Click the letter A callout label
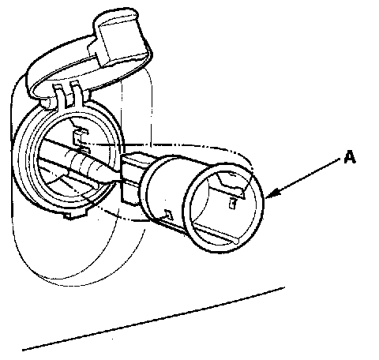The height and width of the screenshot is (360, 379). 350,157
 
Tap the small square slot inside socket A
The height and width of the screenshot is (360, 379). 232,204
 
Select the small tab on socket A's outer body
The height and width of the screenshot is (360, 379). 168,214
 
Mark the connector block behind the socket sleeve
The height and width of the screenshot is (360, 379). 132,179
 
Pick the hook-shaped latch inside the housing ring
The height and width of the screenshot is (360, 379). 81,137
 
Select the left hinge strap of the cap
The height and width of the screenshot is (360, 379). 60,96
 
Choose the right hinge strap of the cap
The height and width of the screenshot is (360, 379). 77,94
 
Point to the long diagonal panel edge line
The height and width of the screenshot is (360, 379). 153,319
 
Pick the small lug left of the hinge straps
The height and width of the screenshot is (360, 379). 46,103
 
